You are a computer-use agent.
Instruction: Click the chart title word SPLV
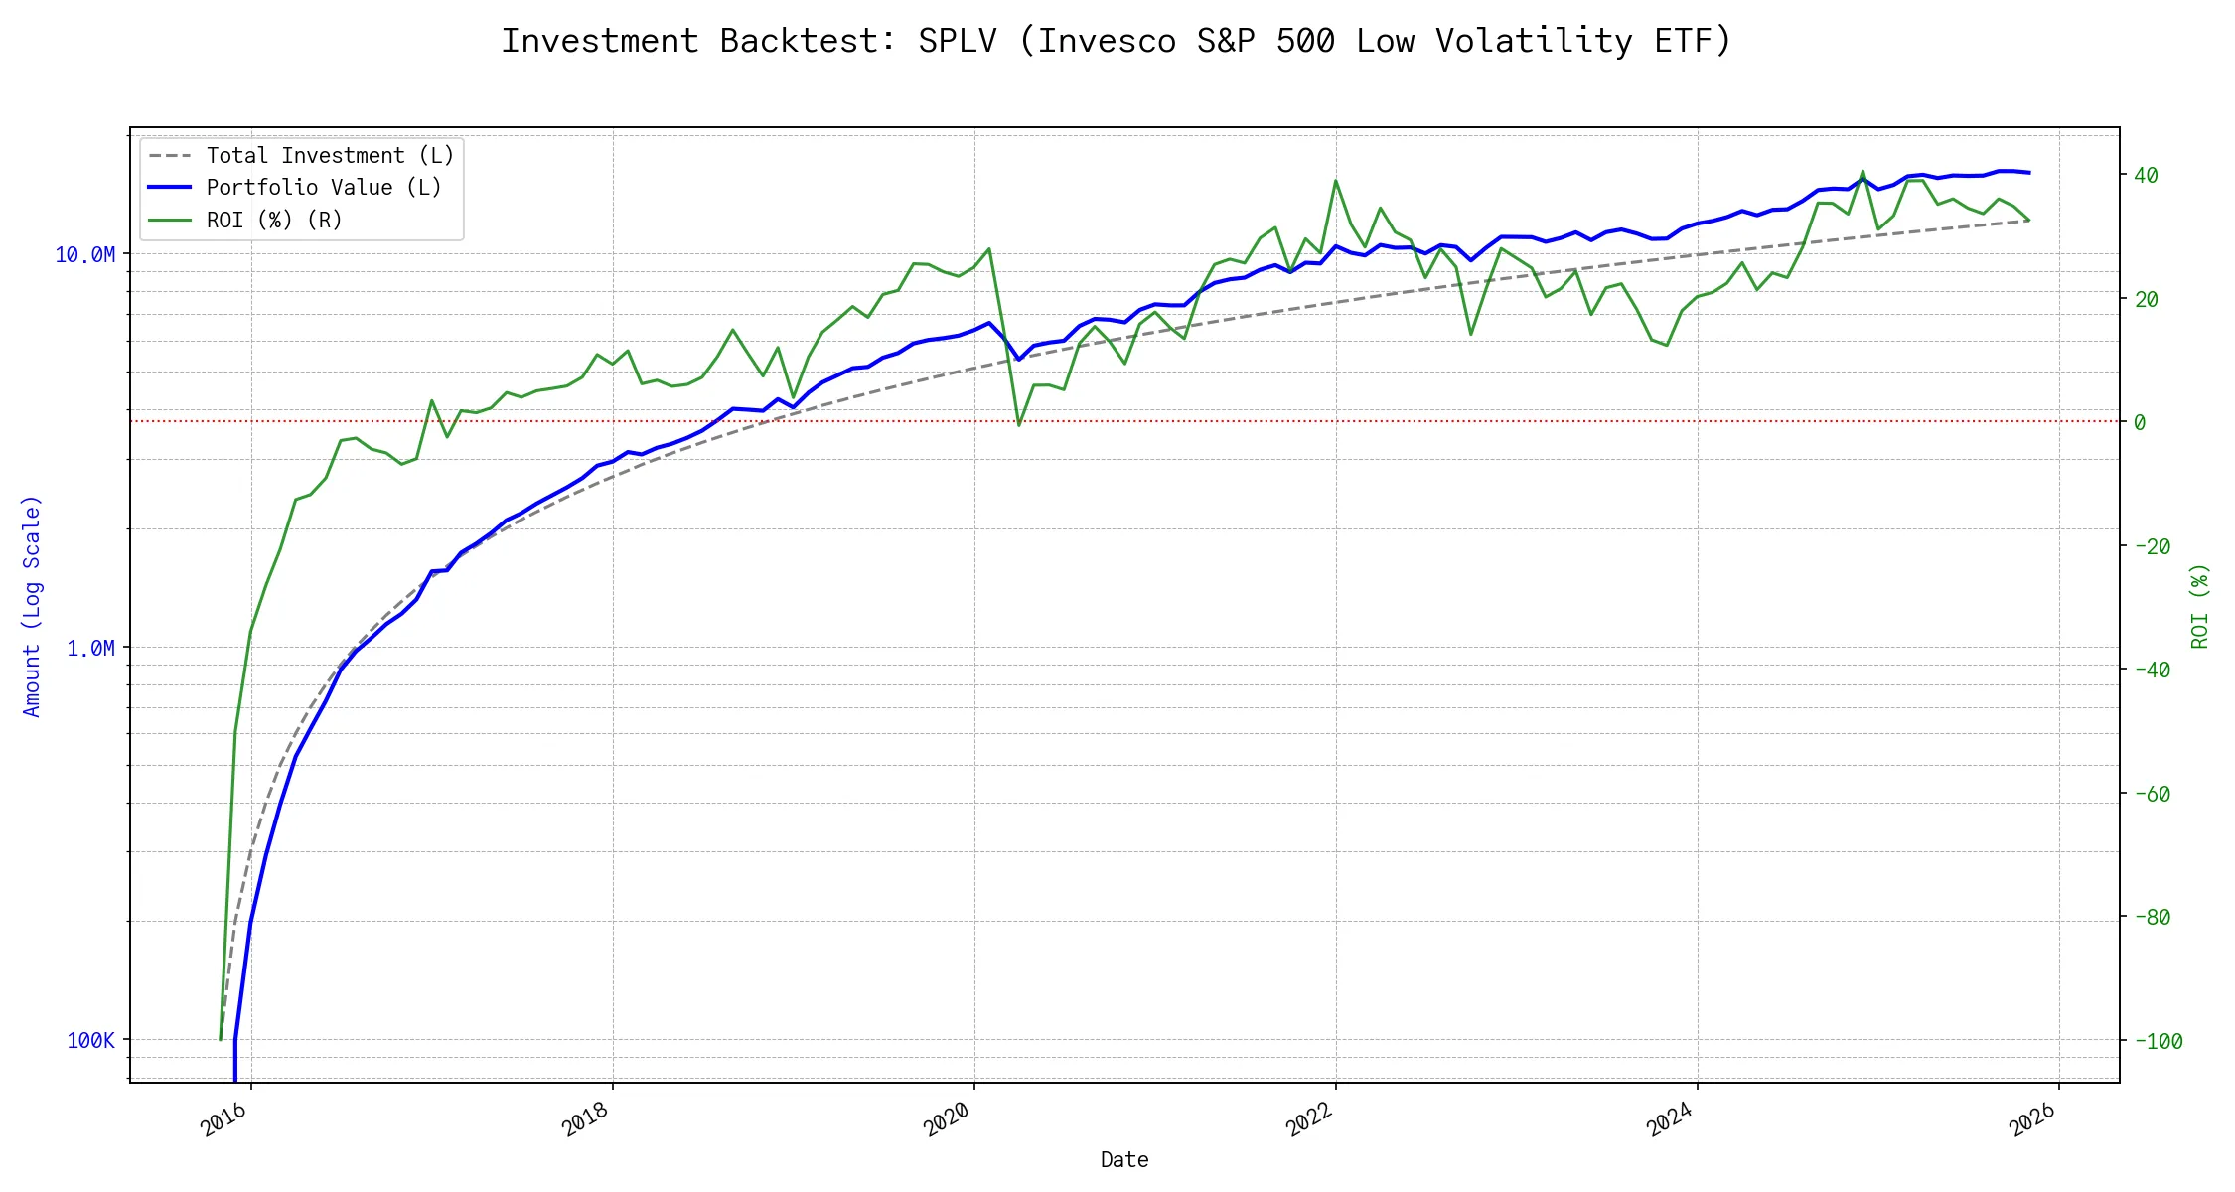point(957,41)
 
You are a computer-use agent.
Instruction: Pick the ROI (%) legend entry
point(273,220)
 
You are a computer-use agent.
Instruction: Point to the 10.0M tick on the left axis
point(84,255)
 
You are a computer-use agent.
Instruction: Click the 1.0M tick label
point(90,649)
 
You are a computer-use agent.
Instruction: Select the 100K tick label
point(90,1041)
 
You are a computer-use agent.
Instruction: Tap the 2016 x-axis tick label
point(223,1120)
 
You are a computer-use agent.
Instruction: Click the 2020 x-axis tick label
point(947,1120)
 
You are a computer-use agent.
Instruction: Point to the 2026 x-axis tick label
point(2031,1120)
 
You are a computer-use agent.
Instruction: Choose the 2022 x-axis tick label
point(1308,1120)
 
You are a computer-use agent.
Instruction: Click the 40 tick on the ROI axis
point(2146,176)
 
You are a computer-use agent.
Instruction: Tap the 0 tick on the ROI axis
point(2140,423)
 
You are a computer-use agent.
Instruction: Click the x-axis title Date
point(1124,1160)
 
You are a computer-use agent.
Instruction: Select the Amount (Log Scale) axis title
point(32,606)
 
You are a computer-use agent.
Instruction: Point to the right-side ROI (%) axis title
point(2200,606)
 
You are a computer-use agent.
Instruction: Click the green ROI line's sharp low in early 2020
point(1019,425)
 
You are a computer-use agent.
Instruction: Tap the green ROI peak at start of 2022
point(1336,181)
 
